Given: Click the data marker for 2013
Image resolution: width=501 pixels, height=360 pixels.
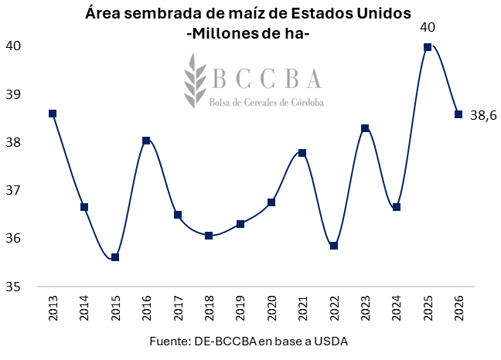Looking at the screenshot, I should click(53, 114).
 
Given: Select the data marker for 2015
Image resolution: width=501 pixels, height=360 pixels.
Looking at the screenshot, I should click(115, 257).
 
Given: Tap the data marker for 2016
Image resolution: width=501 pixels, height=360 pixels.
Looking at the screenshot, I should click(146, 141).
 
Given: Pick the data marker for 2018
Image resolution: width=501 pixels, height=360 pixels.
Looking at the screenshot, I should click(209, 236).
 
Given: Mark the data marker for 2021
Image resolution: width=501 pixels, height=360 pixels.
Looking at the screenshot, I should click(302, 153).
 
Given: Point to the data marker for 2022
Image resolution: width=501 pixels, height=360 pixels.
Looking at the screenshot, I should click(334, 246).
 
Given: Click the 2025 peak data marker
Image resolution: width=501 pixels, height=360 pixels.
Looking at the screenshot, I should click(428, 47).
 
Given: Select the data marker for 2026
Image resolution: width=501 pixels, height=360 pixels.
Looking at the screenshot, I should click(458, 114).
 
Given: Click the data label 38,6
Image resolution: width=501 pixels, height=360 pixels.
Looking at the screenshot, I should click(483, 116).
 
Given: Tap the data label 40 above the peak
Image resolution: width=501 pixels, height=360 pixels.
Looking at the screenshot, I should click(428, 28).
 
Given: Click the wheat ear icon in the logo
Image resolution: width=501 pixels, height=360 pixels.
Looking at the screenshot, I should click(194, 80).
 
